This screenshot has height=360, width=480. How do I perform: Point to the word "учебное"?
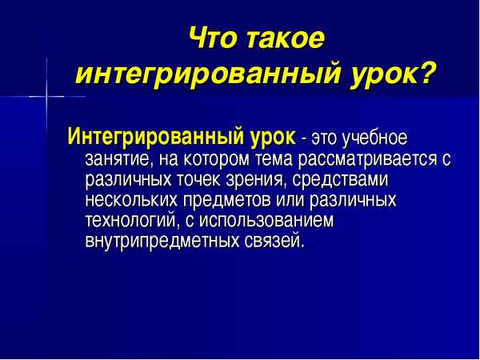[x=376, y=138]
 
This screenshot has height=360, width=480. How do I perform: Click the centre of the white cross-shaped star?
[x=47, y=98]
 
